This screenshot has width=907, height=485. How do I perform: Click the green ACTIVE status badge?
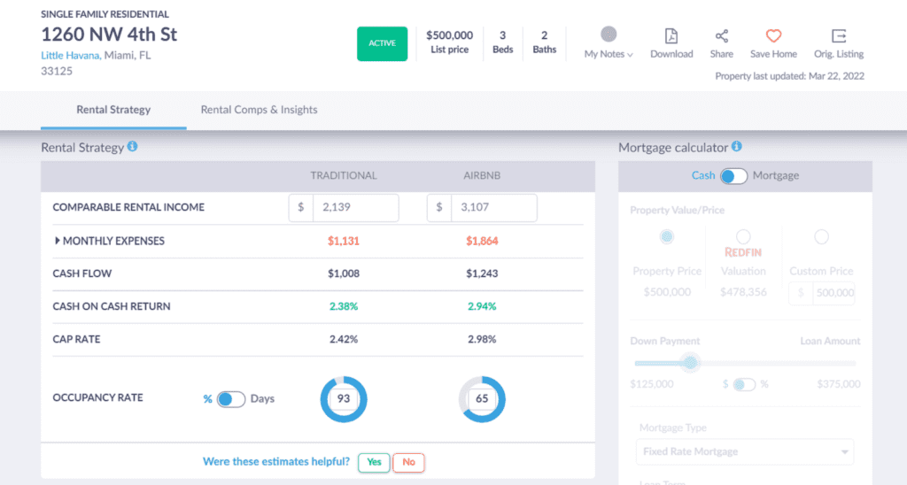coord(382,43)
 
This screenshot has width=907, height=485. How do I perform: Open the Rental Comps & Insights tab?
coord(259,110)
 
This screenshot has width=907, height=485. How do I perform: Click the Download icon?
coord(671,36)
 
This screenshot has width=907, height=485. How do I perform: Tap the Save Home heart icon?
coord(773,36)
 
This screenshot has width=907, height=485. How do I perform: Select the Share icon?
coord(721,36)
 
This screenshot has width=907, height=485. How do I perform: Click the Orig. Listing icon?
coord(838,36)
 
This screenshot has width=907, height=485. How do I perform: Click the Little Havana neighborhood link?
coord(69,55)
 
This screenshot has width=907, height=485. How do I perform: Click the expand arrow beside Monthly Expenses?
coord(58,241)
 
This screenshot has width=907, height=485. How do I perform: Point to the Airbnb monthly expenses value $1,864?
coord(482,241)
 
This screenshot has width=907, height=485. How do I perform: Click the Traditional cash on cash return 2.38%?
coord(344,306)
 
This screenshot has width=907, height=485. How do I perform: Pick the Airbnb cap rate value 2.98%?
coord(482,339)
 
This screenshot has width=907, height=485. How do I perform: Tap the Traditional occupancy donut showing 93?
coord(344,399)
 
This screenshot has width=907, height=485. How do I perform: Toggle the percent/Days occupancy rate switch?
coord(230,399)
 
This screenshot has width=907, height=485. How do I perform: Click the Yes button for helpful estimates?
coord(373,462)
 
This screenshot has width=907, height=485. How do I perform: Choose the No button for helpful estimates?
coord(408,462)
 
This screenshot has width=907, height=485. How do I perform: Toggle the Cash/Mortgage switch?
coord(733,175)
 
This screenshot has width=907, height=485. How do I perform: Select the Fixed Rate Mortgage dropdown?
coord(744,451)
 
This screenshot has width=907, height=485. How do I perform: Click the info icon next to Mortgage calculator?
coord(737,147)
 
